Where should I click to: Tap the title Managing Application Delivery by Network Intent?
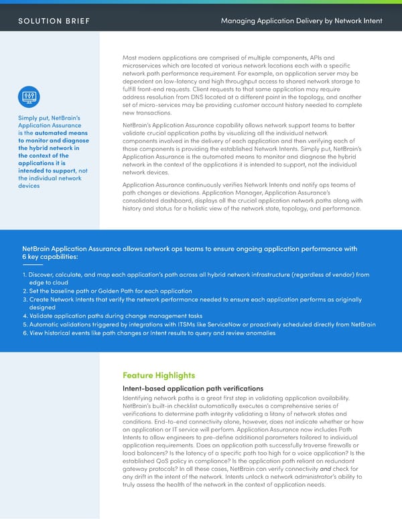[301, 21]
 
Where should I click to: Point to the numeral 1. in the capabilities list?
[24, 274]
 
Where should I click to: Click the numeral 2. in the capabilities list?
[24, 291]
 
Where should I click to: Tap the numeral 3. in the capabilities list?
[24, 300]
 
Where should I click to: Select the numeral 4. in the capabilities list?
[24, 316]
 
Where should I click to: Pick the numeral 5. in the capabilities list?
[24, 324]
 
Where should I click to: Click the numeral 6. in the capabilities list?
[24, 333]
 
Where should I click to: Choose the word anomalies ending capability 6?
[253, 333]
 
